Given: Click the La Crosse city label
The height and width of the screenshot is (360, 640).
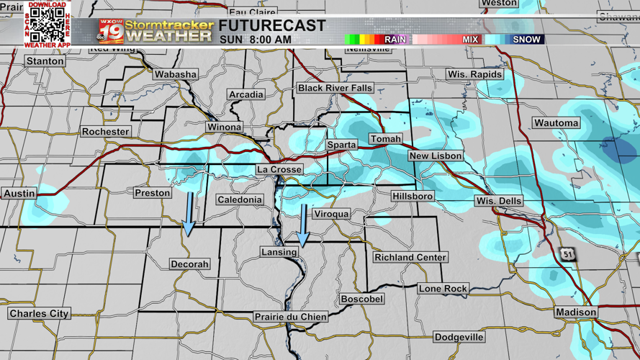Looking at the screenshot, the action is [279, 170].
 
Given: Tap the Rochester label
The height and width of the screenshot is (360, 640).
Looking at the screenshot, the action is [105, 132].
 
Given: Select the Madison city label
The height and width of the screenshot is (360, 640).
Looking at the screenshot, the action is [576, 312].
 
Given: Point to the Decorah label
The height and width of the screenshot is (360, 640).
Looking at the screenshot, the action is [189, 264].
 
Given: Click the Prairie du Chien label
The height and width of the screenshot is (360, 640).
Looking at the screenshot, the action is [291, 317].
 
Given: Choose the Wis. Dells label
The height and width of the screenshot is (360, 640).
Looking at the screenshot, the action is [498, 201].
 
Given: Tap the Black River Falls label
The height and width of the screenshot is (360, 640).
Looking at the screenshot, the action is [335, 88].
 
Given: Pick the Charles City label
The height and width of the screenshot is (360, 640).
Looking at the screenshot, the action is [39, 314].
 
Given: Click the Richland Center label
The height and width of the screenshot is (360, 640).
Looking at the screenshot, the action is [410, 257].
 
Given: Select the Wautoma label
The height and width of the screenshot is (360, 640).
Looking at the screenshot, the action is [556, 123].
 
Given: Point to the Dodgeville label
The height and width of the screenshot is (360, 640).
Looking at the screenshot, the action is [459, 337].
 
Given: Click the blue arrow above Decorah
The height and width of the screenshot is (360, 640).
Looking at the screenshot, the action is [189, 214].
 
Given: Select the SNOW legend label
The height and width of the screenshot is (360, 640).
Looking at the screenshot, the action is [526, 40].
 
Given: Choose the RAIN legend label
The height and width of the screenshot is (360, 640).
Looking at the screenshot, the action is [395, 40].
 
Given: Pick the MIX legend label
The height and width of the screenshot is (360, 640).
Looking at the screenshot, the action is [470, 40].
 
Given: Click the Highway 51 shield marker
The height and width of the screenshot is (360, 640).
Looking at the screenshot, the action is [569, 254].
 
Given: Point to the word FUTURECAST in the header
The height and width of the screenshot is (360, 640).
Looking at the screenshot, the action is [272, 26].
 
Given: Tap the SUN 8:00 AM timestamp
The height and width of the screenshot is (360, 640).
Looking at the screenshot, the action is [256, 40].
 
